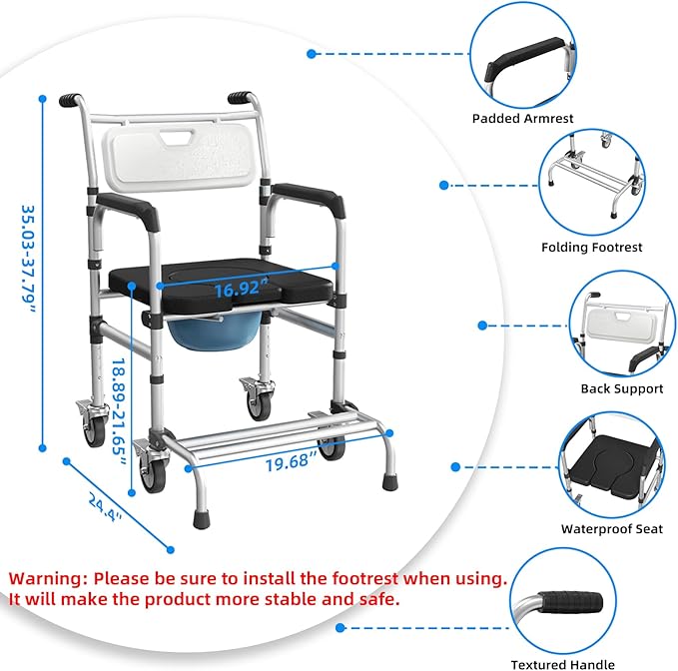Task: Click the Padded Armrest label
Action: (522, 118)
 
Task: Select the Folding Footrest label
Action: (591, 247)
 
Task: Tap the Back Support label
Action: (621, 388)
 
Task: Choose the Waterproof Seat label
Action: (611, 529)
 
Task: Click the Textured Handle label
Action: (562, 664)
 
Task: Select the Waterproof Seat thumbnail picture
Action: (610, 463)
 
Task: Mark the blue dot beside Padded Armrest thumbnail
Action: (313, 54)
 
